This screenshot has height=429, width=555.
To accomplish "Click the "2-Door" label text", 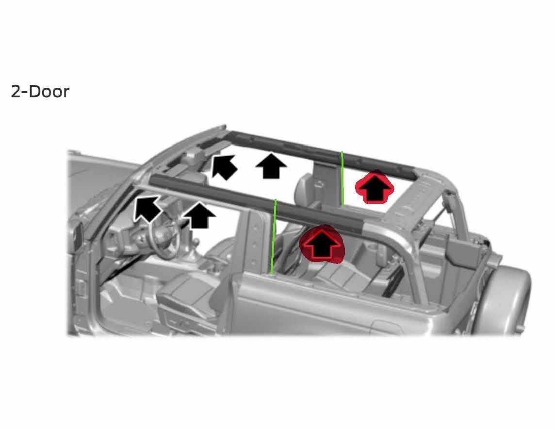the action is point(40,91).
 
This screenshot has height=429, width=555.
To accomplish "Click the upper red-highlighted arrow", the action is point(375,187).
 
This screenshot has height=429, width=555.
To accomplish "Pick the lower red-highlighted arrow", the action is point(322,244).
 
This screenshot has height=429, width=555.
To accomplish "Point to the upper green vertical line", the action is point(342,179).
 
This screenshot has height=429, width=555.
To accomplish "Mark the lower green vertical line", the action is point(273,236).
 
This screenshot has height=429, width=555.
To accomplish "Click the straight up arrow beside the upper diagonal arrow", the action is point(271,165).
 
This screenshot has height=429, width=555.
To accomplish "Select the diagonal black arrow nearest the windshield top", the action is point(224,166).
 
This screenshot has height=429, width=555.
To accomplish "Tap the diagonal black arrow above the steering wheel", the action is point(147,209).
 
